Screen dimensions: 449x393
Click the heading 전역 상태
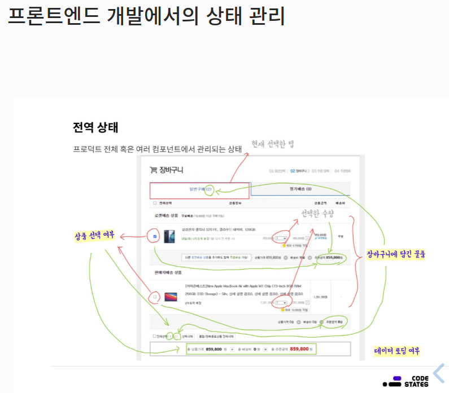(95, 127)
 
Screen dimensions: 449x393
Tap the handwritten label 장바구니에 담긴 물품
(395, 254)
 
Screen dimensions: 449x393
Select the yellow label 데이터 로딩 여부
(399, 351)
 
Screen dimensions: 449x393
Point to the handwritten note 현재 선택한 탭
(272, 144)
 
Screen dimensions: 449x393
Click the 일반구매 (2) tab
(199, 190)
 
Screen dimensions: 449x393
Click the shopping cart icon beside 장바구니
(152, 170)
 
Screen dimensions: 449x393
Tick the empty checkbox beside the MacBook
(155, 296)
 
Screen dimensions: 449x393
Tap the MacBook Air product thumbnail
(169, 296)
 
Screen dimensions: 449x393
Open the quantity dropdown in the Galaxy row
(280, 239)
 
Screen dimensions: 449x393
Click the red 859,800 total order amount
(299, 350)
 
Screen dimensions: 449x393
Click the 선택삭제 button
(188, 337)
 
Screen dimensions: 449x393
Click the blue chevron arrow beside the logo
(439, 373)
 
